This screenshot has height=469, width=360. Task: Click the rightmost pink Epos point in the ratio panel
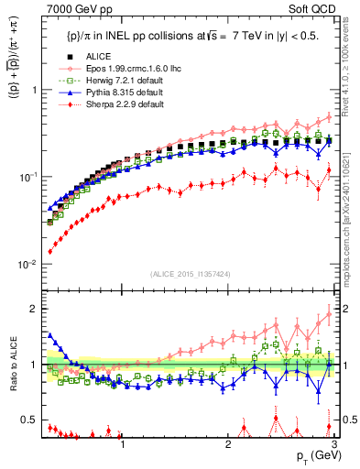click(330, 315)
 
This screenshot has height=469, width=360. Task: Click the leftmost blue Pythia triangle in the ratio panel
click(49, 335)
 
